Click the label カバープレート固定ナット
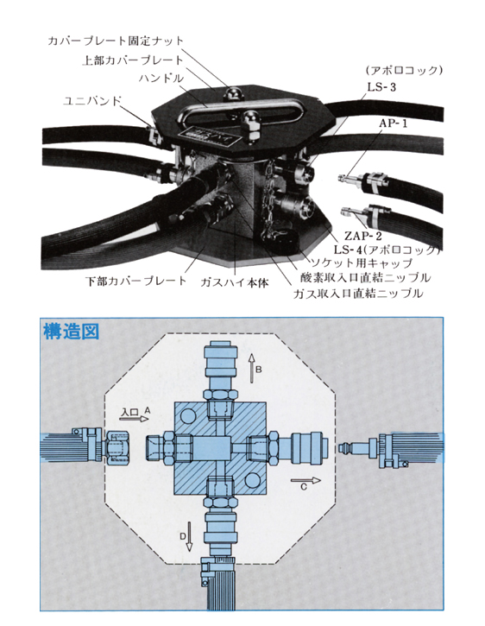[116, 41]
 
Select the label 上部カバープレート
[133, 60]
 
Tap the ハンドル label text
[161, 78]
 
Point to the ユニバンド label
[92, 101]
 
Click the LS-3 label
[381, 87]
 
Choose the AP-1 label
[394, 123]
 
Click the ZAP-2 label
[362, 236]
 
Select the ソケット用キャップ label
[362, 262]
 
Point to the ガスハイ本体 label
[235, 282]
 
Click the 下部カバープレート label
[136, 281]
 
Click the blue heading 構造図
[71, 332]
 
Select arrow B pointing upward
[251, 368]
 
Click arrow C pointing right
[305, 480]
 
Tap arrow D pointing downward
[190, 536]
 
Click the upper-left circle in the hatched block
[188, 417]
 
